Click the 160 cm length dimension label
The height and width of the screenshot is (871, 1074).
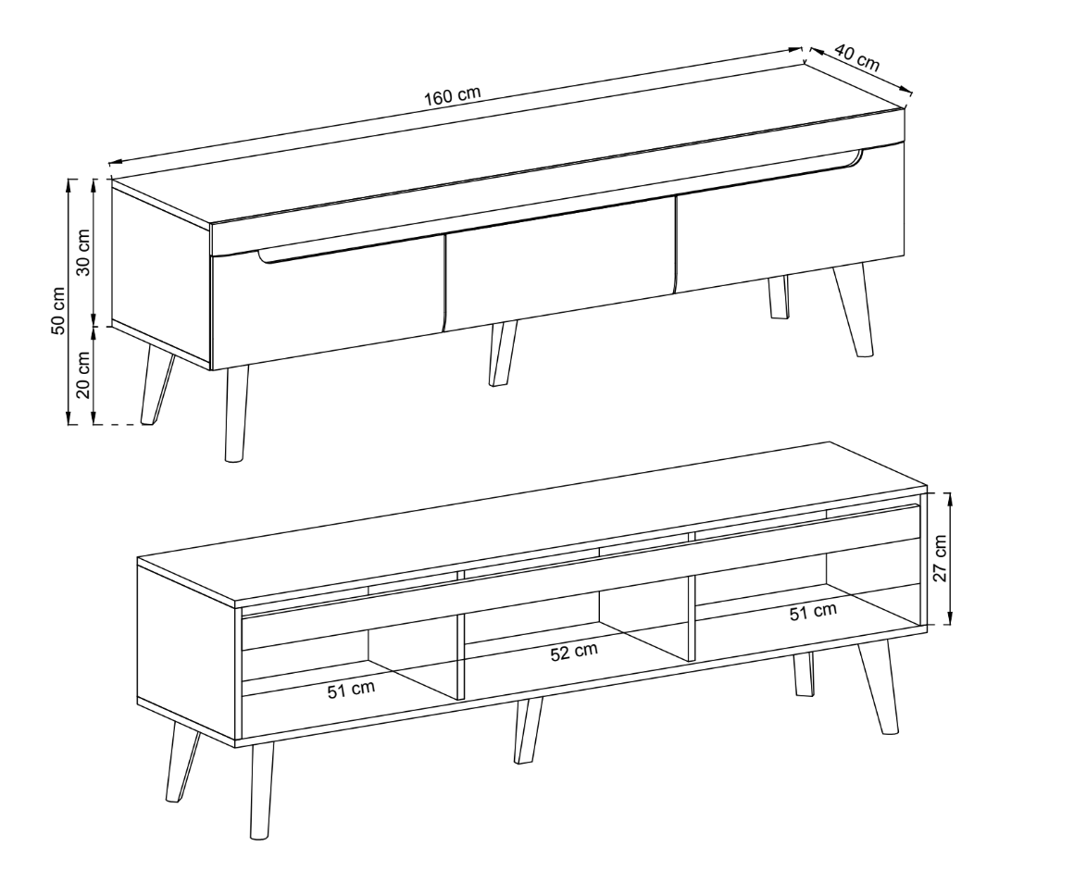click(x=452, y=96)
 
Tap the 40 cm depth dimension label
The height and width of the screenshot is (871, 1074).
click(x=856, y=57)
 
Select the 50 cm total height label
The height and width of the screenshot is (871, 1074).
click(x=58, y=310)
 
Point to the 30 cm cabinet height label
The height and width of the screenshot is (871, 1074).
click(x=83, y=251)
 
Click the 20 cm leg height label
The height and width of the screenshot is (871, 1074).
click(x=83, y=375)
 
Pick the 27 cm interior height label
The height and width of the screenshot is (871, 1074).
click(x=941, y=557)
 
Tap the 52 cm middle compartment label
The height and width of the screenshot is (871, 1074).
click(x=574, y=652)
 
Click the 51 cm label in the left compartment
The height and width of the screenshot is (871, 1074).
click(x=352, y=690)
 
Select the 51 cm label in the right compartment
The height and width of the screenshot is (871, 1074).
click(x=813, y=612)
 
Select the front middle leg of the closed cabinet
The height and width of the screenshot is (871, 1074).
click(x=502, y=354)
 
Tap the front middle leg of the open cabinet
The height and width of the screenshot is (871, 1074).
click(x=528, y=730)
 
